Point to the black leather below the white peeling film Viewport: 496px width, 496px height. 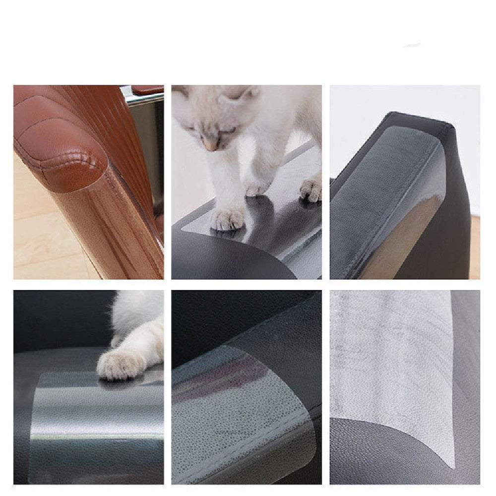point(377,456)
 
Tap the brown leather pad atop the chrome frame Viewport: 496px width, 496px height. point(148,90)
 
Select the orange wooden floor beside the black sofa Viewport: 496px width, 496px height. point(475,248)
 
